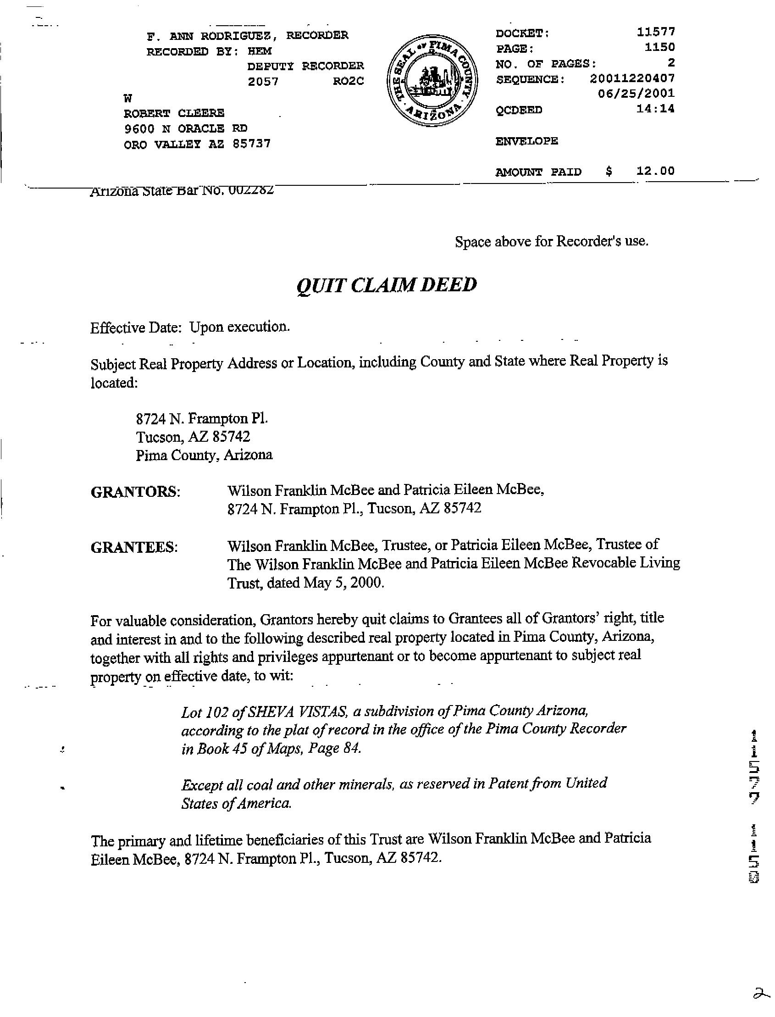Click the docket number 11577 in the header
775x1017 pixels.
coord(655,32)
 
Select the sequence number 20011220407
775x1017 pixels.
coord(632,78)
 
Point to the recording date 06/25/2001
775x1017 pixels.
coord(636,94)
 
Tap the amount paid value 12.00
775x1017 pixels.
coord(655,171)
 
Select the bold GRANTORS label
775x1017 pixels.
coord(135,492)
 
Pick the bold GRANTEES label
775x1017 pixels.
coord(134,547)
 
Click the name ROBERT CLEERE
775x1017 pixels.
coord(174,113)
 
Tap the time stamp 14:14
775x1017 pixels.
coord(655,109)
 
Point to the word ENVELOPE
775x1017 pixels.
coord(526,141)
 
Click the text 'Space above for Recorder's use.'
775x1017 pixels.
coord(551,241)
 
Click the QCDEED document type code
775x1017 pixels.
coord(519,110)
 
